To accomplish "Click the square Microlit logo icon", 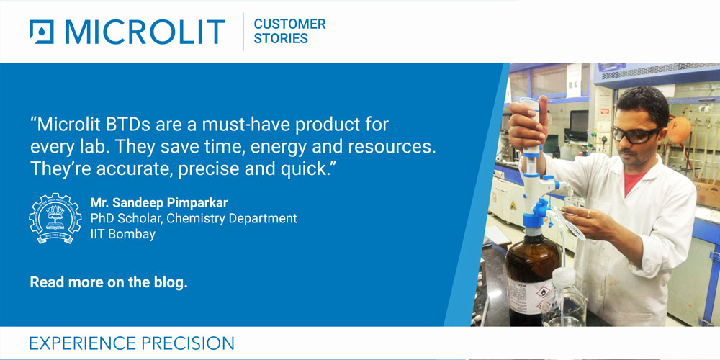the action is coord(41,32).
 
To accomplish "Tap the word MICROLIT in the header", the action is coord(145,32).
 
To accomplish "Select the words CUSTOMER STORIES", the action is coord(289,31).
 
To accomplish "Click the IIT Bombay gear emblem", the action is coord(55,218).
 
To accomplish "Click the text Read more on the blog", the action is coord(109,282).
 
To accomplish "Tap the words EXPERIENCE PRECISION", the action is coord(132,343).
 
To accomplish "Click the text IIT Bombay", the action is coord(123,234).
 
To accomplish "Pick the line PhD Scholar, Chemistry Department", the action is coord(194,218).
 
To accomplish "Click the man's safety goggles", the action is coord(636,135).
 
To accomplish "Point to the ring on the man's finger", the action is coord(589,214).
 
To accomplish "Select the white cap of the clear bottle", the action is coord(563,277).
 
